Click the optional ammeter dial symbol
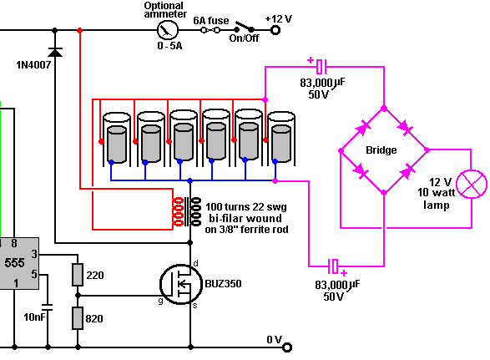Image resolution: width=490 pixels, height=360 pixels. click(168, 30)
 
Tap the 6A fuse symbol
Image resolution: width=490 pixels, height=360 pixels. click(210, 30)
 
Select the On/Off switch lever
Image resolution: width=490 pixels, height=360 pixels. click(245, 27)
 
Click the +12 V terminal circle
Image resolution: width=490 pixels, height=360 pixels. click(275, 30)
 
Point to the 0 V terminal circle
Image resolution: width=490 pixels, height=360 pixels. click(287, 347)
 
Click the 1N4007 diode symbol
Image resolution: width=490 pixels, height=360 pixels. click(55, 53)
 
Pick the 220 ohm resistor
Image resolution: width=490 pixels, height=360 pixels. click(78, 275)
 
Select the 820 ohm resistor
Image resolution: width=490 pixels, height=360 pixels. click(78, 318)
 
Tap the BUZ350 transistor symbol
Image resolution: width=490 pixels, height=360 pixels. click(181, 284)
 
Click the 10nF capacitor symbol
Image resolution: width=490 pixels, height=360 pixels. click(48, 307)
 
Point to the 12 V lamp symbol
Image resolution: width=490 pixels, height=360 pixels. click(472, 185)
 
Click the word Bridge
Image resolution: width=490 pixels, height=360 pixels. click(381, 150)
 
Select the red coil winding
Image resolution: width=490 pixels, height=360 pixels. click(178, 211)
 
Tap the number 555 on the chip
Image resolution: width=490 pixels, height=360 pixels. click(15, 263)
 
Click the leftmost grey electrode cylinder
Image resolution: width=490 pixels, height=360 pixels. click(117, 145)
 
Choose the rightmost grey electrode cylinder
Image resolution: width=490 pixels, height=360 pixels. click(281, 144)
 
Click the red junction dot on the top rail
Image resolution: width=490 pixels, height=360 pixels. click(79, 30)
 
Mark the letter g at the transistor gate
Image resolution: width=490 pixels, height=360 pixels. click(160, 301)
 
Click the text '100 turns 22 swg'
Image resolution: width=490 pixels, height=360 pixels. click(246, 207)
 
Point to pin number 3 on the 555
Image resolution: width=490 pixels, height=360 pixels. click(34, 254)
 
